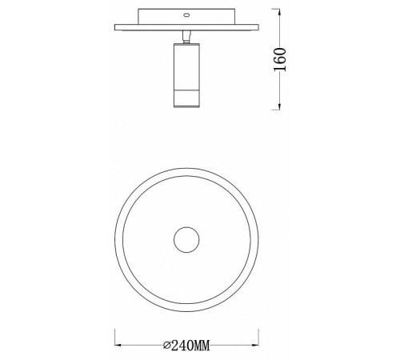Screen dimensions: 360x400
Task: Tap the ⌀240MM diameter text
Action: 186,346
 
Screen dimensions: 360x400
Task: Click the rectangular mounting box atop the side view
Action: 186,15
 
